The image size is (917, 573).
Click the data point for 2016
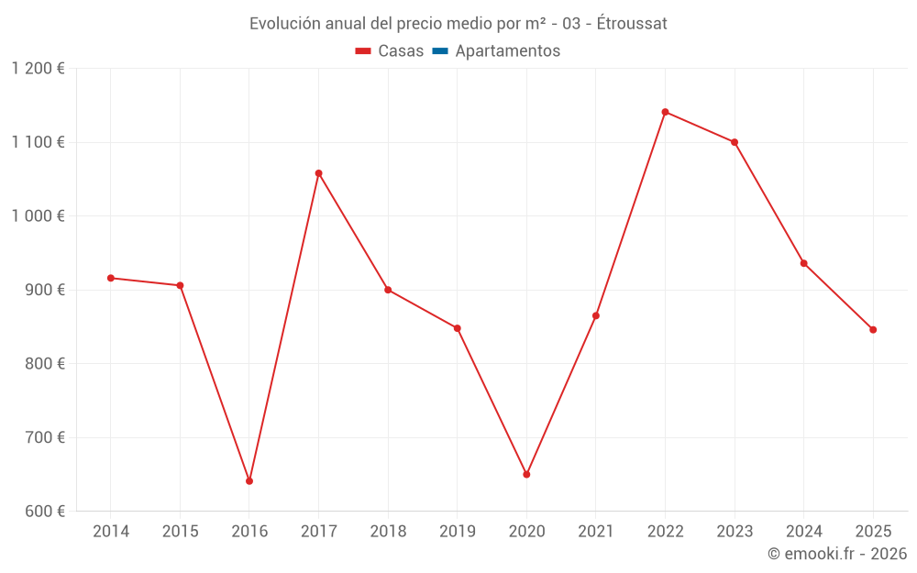249,480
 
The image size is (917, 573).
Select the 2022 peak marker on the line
665,112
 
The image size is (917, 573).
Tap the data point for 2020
526,474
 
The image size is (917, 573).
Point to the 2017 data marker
318,173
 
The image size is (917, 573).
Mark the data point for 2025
873,329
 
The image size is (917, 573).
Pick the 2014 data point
111,278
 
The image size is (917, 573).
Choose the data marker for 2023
735,142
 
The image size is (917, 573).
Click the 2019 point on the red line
457,328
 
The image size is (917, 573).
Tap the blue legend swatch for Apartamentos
440,51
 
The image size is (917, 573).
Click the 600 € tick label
44,512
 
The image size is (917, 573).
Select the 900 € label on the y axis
44,290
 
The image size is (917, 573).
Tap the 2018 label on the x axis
388,532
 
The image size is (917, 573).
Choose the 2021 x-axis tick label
596,532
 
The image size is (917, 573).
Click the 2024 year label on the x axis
803,532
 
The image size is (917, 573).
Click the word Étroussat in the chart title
632,24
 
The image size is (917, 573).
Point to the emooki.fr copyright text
837,554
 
